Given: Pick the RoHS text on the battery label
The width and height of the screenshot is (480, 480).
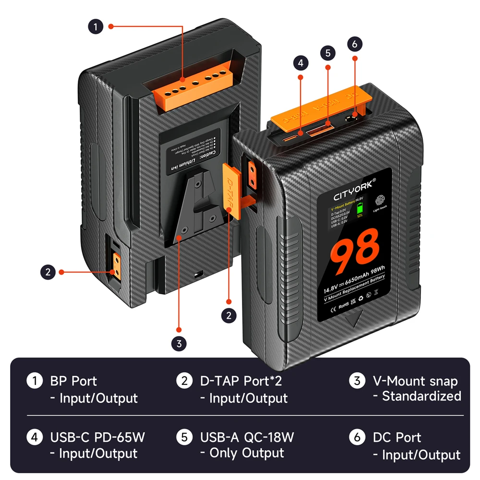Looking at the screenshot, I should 344,305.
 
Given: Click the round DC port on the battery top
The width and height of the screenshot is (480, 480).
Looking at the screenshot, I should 354,117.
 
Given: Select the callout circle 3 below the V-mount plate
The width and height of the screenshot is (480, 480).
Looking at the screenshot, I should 179,344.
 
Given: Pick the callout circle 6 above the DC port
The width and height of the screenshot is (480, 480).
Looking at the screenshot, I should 355,44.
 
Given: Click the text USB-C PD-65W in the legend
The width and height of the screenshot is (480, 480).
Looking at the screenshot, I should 97,437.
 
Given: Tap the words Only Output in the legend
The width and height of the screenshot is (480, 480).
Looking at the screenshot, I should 241,453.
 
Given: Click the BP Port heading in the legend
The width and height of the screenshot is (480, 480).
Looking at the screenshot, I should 73,382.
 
